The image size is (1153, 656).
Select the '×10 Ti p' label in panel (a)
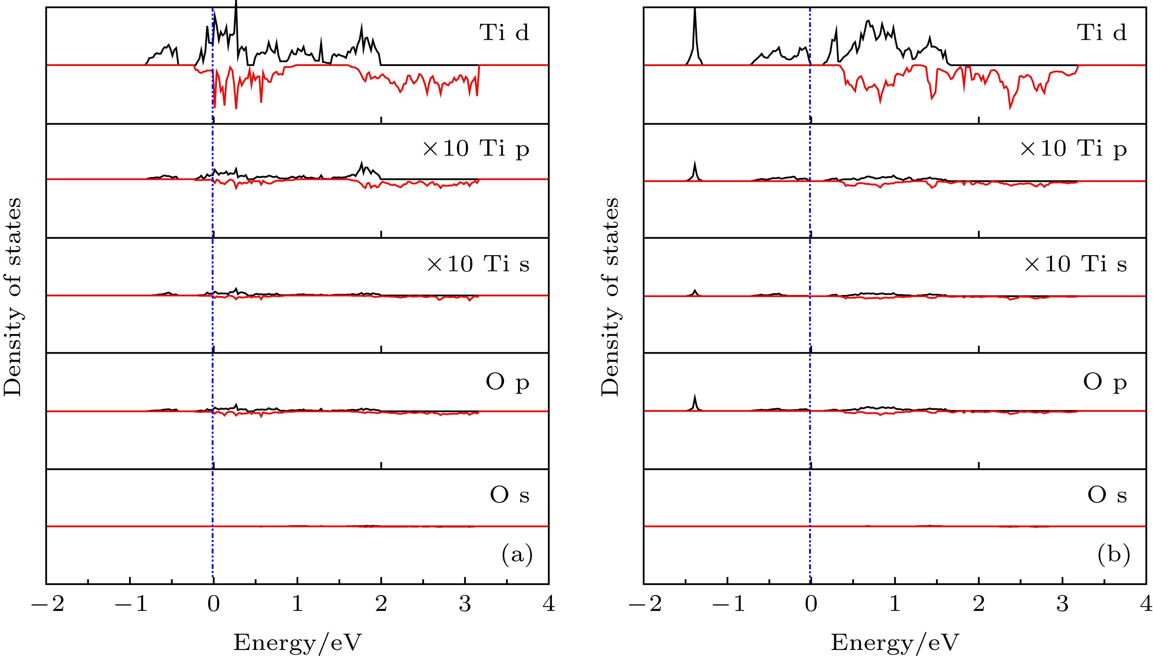[476, 148]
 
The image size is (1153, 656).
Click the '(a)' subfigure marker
[517, 555]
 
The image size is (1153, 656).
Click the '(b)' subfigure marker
[1114, 555]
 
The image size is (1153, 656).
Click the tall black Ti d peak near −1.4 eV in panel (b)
[695, 18]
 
